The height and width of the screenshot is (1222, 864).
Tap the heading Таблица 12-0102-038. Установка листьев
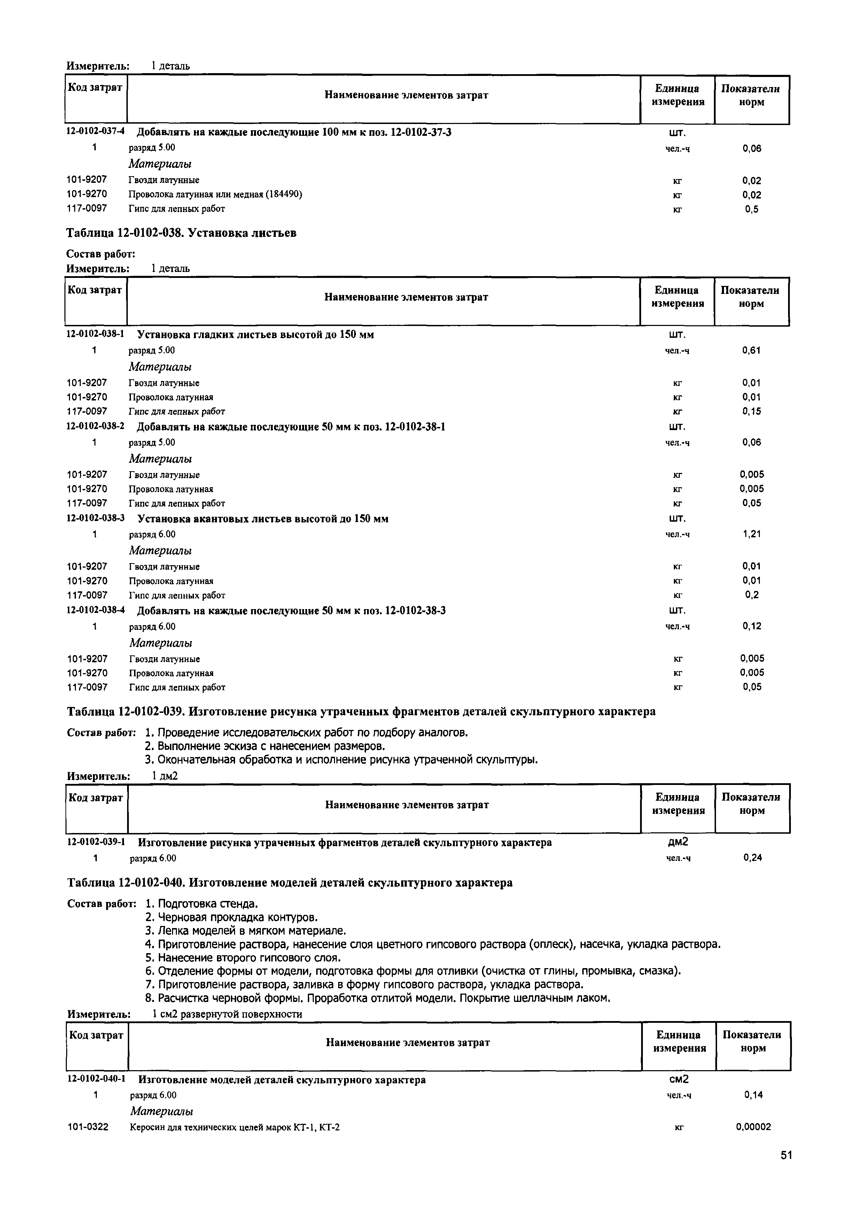[181, 233]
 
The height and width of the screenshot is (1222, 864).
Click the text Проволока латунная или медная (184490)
[215, 194]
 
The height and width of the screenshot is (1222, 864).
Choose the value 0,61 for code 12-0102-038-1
[752, 350]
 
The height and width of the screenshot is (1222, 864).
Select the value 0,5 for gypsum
[752, 209]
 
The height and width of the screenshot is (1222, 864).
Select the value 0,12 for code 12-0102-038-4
[752, 626]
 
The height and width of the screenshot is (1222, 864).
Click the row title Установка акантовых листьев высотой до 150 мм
[263, 519]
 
